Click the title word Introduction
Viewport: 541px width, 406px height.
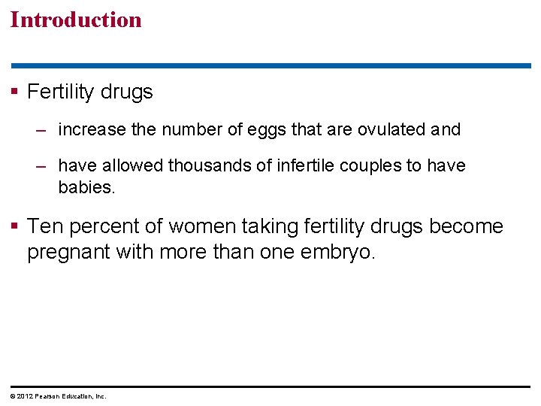pos(76,20)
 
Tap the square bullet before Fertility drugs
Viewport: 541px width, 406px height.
pos(15,92)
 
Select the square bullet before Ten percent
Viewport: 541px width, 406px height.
pos(15,226)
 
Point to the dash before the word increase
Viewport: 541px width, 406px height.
pos(42,130)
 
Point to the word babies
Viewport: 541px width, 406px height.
pos(87,187)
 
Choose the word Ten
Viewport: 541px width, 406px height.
pos(45,226)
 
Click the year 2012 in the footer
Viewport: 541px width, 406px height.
pos(23,396)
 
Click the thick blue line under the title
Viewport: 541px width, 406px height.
pos(270,66)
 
